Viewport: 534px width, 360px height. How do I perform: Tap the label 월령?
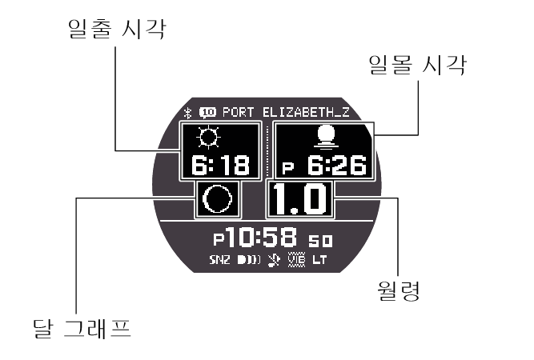(397, 289)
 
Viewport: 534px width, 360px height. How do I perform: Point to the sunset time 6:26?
(337, 166)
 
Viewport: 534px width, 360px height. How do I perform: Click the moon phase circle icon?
(217, 199)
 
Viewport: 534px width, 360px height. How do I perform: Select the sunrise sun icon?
(208, 139)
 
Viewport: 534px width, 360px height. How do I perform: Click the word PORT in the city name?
(239, 113)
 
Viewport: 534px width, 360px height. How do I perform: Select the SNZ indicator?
(219, 260)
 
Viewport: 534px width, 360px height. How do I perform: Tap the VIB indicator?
(295, 260)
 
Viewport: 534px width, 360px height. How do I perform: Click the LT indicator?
(319, 260)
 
